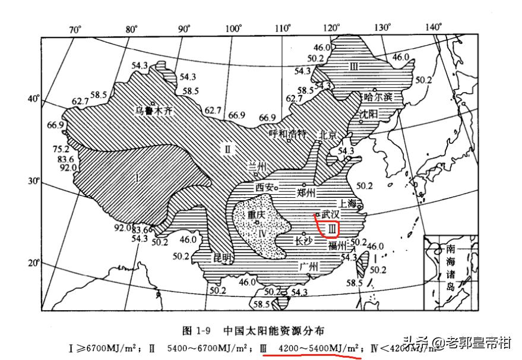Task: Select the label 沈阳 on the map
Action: pyautogui.click(x=367, y=113)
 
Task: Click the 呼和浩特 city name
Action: pyautogui.click(x=288, y=133)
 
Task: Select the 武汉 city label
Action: pyautogui.click(x=330, y=214)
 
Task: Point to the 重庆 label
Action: pyautogui.click(x=257, y=214)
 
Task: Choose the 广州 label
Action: pyautogui.click(x=309, y=266)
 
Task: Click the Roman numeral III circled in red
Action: pyautogui.click(x=331, y=228)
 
